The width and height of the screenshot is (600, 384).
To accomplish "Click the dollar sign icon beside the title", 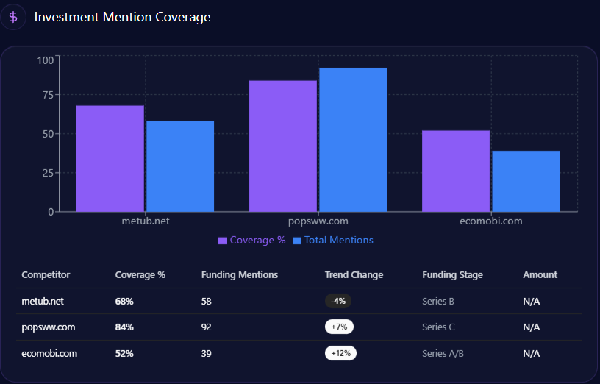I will (13, 17).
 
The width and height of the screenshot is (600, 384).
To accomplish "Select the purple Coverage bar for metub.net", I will (110, 158).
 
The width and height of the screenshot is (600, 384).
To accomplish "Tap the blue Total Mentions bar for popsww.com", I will (353, 140).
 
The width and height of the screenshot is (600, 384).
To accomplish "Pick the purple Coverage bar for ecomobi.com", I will (456, 171).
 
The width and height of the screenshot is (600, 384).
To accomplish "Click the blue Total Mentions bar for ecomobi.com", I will (526, 181).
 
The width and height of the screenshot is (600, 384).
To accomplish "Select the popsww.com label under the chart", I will (318, 221).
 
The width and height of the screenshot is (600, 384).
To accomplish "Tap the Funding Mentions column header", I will (240, 275).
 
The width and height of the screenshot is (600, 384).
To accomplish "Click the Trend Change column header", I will (354, 275).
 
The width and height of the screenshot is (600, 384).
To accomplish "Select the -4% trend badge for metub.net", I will (339, 301).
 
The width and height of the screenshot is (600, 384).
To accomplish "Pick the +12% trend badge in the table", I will (340, 353).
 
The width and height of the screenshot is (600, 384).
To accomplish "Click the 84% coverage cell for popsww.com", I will (124, 327).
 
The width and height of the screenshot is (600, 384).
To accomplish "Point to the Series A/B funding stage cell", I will (443, 353).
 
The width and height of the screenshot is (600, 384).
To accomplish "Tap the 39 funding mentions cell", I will (207, 353).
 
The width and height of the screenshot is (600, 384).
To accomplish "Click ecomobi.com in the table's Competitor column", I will (49, 353).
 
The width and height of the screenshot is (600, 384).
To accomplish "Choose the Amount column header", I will (540, 275).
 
